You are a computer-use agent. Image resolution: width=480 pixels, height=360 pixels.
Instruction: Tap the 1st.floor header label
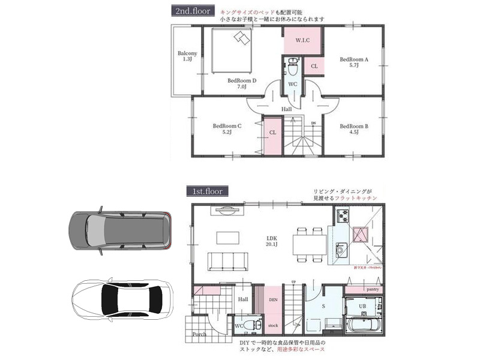(x=208, y=191)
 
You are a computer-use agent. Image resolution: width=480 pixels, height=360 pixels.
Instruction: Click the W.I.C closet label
(x=302, y=41)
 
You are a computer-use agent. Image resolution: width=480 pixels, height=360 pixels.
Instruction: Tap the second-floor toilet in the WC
(x=293, y=65)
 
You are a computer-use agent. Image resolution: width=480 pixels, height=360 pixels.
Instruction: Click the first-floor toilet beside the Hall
(x=253, y=325)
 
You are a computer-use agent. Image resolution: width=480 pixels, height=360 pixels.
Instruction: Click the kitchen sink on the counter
(x=341, y=248)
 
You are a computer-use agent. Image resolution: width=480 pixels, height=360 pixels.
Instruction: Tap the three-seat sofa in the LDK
(x=227, y=261)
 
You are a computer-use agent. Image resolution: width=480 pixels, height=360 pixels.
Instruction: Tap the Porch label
(x=200, y=335)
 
